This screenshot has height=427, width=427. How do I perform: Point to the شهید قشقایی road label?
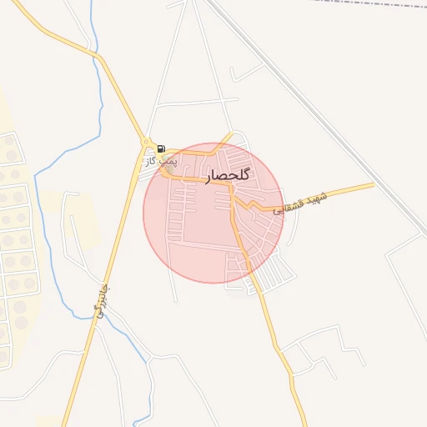click(302, 203)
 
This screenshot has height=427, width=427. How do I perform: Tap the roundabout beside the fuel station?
click(147, 143)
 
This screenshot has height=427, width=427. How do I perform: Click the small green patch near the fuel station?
click(169, 169)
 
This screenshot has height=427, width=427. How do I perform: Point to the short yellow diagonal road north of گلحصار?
click(224, 141)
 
